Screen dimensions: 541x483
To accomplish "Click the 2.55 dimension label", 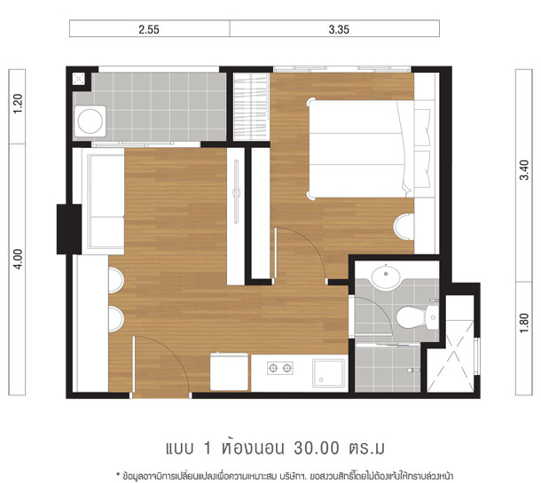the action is pos(149,29).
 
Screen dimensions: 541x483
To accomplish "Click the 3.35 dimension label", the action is pos(339,29).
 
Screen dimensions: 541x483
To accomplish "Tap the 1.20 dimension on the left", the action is pos(18,104).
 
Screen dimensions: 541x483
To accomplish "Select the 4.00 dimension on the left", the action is pos(18,259).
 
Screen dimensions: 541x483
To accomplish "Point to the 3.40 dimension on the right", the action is pos(524,170).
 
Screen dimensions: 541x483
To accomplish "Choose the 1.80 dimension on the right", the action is pos(524,323).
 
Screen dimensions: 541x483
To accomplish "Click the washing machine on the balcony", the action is pos(90,121).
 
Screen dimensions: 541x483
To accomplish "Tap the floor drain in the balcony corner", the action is pos(79,79).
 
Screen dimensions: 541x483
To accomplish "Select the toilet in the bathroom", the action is pos(417,317).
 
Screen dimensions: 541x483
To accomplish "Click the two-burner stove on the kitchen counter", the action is pos(280,368).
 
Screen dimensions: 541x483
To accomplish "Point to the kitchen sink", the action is pos(328,374).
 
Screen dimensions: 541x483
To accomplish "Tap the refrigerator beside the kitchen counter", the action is pos(229,371).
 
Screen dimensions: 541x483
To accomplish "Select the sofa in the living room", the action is pos(103,201).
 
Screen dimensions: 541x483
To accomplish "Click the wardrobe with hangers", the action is pos(252,107).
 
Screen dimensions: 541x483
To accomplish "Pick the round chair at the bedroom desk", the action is pos(404,227).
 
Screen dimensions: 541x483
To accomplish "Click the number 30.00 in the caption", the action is pos(317,448).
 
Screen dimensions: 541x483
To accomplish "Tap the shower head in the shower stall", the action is pos(412,370).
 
